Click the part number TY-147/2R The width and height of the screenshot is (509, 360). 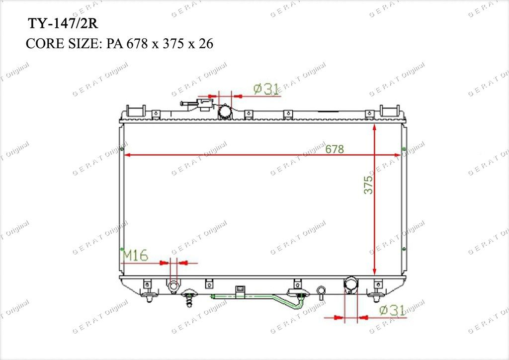tap(63, 24)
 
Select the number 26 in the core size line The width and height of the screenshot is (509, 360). tap(206, 43)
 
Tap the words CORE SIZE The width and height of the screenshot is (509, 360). tap(64, 43)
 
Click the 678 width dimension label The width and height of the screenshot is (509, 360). tap(335, 149)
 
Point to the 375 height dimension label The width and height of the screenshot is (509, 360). tap(368, 185)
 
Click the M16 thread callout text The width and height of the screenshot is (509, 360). tap(135, 256)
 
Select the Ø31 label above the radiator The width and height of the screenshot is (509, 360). tap(266, 89)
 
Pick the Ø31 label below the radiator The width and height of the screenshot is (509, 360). tap(393, 310)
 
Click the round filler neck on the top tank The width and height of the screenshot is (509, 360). tap(224, 112)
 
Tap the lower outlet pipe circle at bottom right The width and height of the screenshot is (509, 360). tap(350, 284)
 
